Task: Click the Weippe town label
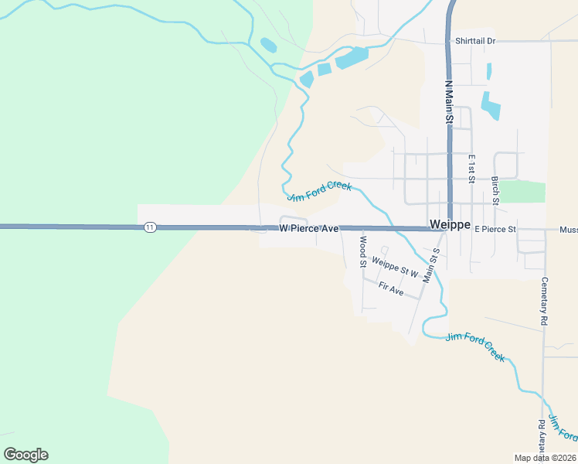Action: click(x=449, y=225)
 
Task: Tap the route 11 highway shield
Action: click(x=150, y=227)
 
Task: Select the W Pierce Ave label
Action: click(x=309, y=229)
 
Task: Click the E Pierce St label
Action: click(x=495, y=230)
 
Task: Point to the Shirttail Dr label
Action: click(x=475, y=40)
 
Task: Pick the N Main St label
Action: click(x=448, y=101)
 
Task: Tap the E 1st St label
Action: click(x=471, y=168)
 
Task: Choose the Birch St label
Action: click(x=495, y=190)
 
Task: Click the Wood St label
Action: click(x=362, y=252)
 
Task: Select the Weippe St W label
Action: click(x=394, y=268)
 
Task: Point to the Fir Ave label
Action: click(x=391, y=289)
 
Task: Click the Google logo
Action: click(x=26, y=455)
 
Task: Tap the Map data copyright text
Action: click(x=546, y=457)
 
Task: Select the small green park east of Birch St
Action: click(x=523, y=192)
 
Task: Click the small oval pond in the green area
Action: click(x=268, y=45)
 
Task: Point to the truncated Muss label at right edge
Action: click(x=568, y=230)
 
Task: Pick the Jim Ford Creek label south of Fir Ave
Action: click(x=475, y=347)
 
